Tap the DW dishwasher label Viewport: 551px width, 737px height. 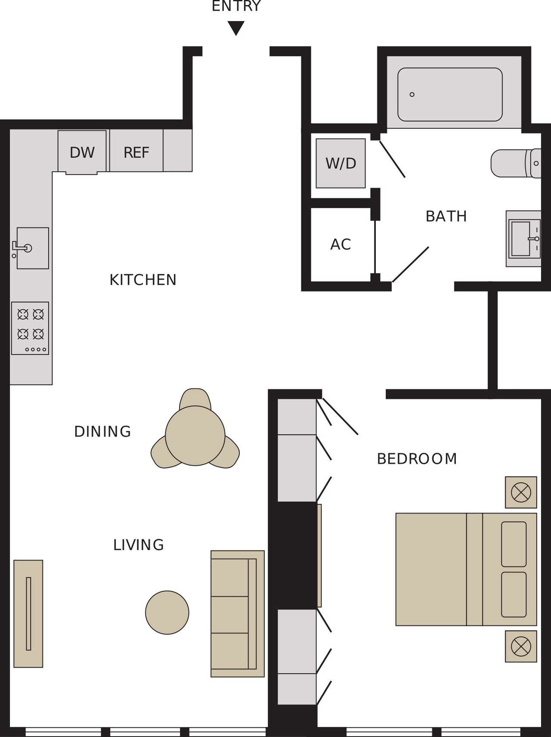coord(82,152)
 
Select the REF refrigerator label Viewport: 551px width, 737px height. coord(136,152)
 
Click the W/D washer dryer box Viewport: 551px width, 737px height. coord(341,163)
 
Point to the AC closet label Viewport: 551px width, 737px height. coord(341,244)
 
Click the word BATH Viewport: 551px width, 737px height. coord(446,216)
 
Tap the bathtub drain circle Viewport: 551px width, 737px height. coord(412,95)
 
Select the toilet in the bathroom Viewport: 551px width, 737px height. coord(516,163)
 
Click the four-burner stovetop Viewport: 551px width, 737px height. coord(30,328)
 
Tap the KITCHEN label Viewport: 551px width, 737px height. coord(143,280)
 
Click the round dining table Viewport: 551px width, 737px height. coord(195,435)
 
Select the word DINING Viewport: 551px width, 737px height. coord(102,432)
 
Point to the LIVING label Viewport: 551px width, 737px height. coord(139,545)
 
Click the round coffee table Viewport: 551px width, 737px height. coord(167,613)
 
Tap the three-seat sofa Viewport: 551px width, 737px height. coord(238,614)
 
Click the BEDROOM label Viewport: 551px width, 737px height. coord(417,459)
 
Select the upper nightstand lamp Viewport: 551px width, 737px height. coord(521,492)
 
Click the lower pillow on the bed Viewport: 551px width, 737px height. coord(514,594)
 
